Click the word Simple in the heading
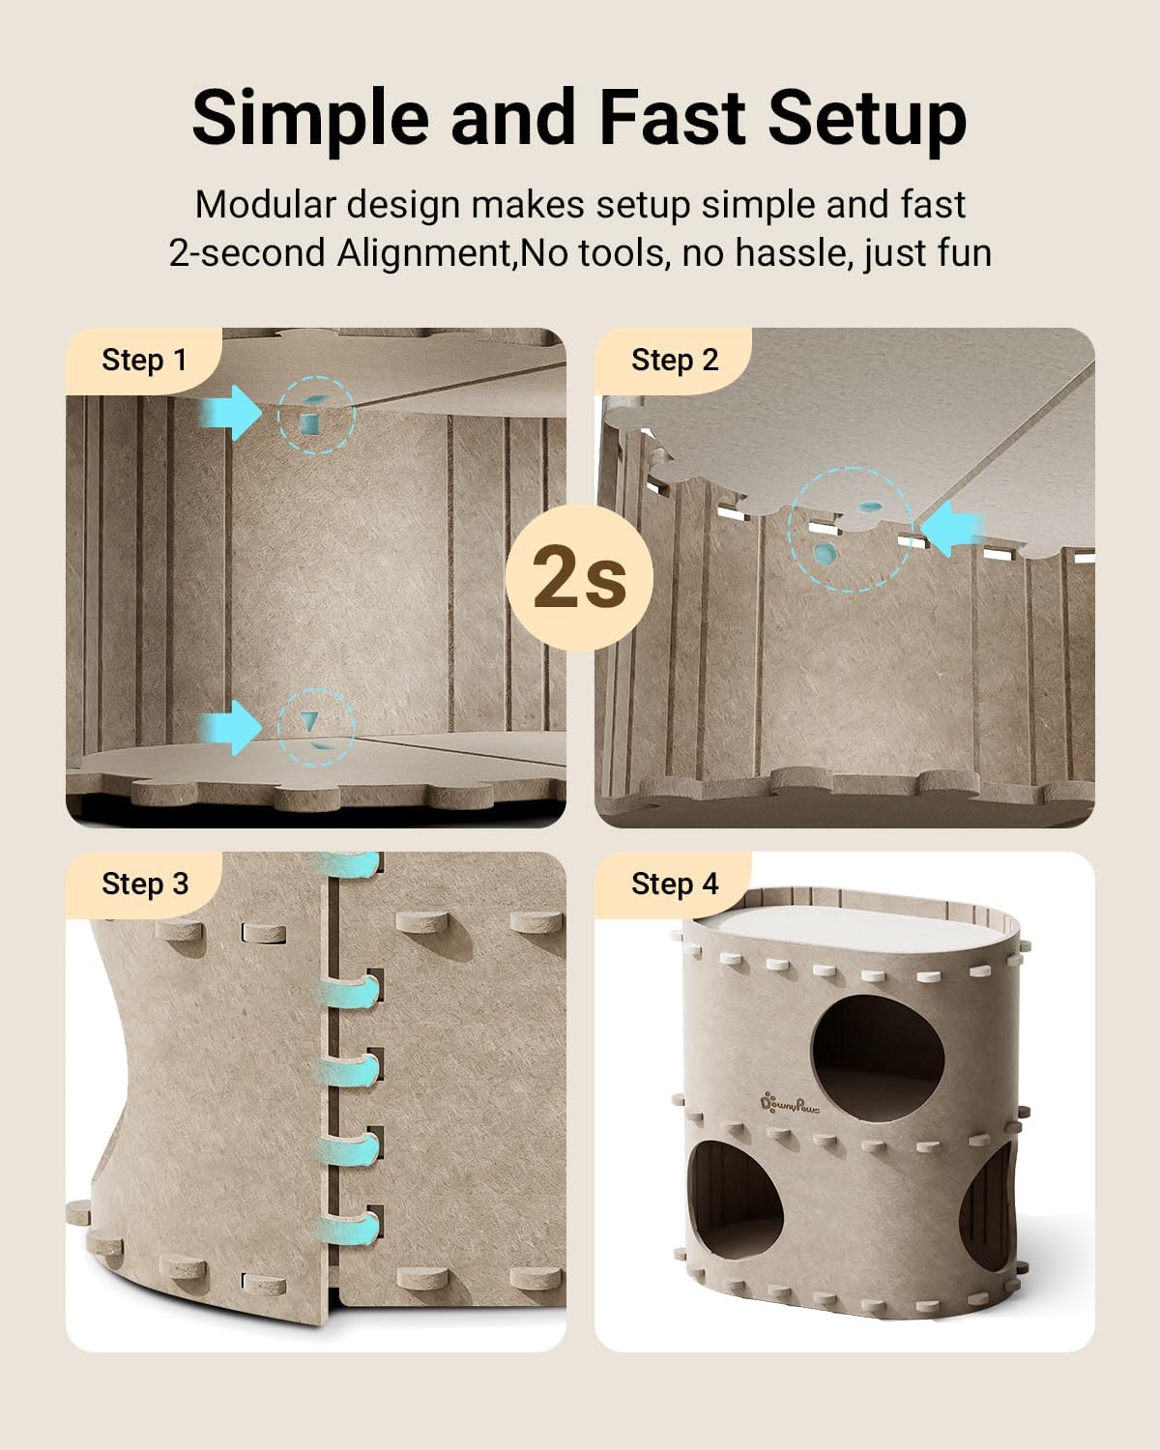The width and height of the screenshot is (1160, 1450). tap(310, 120)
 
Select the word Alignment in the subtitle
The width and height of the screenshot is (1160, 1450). tap(423, 253)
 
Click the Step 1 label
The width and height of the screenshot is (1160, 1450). tap(144, 360)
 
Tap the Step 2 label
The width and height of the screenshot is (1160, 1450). tap(675, 360)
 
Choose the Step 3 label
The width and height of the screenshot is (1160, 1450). tap(145, 884)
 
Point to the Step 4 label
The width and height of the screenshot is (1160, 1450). tap(675, 884)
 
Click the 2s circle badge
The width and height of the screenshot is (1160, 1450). tap(579, 577)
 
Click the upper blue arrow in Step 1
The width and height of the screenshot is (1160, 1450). tap(230, 413)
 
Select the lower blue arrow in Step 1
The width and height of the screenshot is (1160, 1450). tap(230, 727)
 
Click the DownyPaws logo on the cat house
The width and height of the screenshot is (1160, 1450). tap(790, 1104)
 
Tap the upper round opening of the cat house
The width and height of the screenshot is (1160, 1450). tap(878, 1058)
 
